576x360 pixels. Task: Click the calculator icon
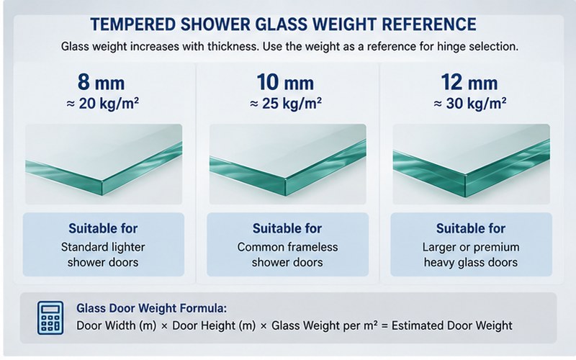coord(50,318)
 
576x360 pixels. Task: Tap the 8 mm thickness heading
coord(101,82)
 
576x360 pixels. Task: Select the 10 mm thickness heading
coord(285,82)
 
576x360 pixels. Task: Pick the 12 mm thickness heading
coord(469,82)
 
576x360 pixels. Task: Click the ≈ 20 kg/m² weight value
coord(102,104)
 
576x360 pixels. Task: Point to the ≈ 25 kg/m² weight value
coord(286,104)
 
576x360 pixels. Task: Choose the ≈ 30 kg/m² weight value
coord(470,104)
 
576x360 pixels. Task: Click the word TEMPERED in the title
coord(133,24)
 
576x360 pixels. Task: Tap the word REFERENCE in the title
coord(429,24)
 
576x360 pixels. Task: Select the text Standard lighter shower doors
coord(103,255)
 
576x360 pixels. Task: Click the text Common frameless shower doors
coord(287,255)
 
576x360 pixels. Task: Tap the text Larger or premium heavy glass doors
coord(471,255)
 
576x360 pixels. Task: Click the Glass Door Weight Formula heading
coord(152,308)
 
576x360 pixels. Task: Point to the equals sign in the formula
coord(384,326)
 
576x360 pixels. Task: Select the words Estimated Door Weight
coord(452,326)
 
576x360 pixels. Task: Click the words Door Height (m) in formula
coord(214,326)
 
